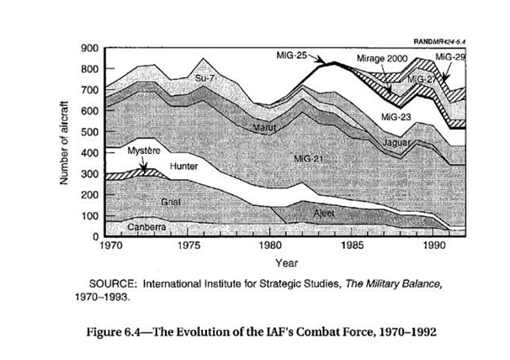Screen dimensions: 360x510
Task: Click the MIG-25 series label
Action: (x=290, y=54)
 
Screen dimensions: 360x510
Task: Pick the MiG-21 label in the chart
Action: (x=310, y=157)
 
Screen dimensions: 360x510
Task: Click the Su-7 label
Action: (x=206, y=78)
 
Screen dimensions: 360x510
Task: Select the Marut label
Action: (x=266, y=127)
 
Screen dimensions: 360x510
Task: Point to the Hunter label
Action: (x=183, y=166)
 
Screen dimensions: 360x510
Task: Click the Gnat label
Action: (x=170, y=203)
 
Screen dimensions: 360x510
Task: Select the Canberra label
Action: (x=146, y=227)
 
